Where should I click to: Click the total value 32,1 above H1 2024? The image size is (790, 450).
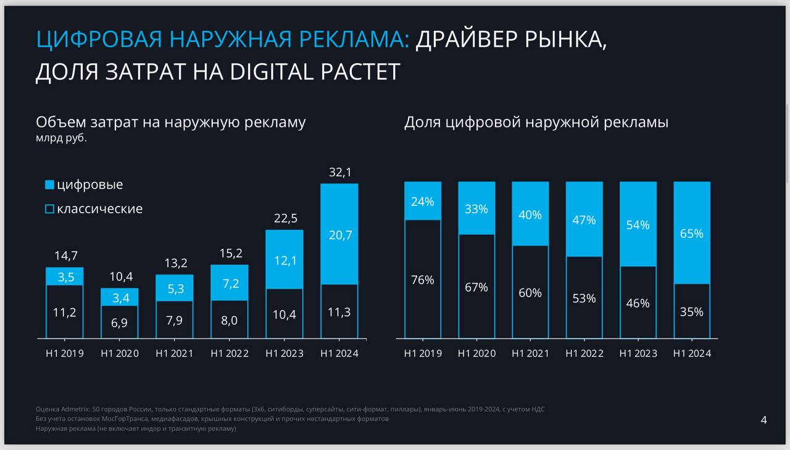click(x=339, y=173)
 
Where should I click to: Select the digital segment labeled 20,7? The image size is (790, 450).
click(x=339, y=234)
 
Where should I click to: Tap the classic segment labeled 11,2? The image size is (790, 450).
click(x=65, y=312)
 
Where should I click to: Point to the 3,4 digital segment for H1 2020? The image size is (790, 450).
click(x=120, y=298)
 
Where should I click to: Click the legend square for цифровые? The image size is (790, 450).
click(x=50, y=185)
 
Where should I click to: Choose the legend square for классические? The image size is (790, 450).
click(x=50, y=209)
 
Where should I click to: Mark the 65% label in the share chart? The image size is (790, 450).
click(x=692, y=234)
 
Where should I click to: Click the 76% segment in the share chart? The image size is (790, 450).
click(x=423, y=279)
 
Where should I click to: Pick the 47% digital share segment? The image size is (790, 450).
click(x=584, y=219)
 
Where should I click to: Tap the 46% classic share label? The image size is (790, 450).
click(x=638, y=303)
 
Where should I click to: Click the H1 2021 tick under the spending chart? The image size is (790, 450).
click(x=174, y=354)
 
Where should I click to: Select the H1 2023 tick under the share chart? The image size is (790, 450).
click(x=638, y=354)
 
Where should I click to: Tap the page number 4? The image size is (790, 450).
click(x=764, y=420)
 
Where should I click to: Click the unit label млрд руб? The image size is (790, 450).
click(x=61, y=138)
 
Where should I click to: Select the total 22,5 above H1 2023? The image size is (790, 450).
click(x=285, y=218)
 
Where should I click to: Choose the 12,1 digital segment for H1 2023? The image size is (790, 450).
click(x=285, y=260)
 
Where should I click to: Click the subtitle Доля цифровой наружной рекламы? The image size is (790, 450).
click(x=536, y=122)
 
